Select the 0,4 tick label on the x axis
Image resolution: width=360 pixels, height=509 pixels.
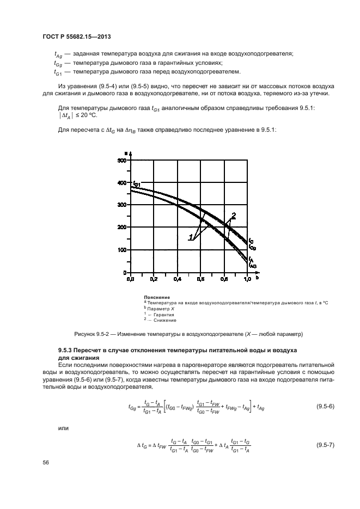tap(178, 279)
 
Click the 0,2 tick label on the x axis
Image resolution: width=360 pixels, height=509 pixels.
tap(154, 279)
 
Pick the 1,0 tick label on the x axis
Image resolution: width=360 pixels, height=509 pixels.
tap(247, 279)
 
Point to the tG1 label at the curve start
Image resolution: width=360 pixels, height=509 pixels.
tap(137, 185)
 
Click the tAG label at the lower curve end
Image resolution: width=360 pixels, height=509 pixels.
tap(253, 266)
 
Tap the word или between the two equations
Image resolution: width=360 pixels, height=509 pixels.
tap(63, 428)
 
